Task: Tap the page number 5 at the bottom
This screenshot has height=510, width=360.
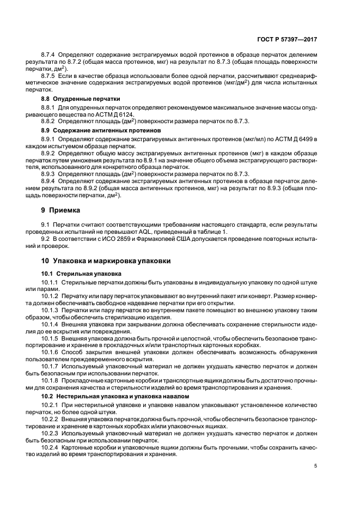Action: [315, 466]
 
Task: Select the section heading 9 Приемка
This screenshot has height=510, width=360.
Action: [60, 210]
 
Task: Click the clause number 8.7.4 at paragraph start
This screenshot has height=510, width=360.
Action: [48, 55]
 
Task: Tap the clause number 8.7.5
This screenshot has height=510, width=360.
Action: [48, 75]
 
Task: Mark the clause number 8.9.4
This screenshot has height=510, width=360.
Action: [48, 179]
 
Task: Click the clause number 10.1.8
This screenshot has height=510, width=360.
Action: [50, 381]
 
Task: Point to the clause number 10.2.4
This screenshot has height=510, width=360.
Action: [50, 447]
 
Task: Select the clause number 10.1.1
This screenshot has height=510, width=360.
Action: [50, 281]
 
